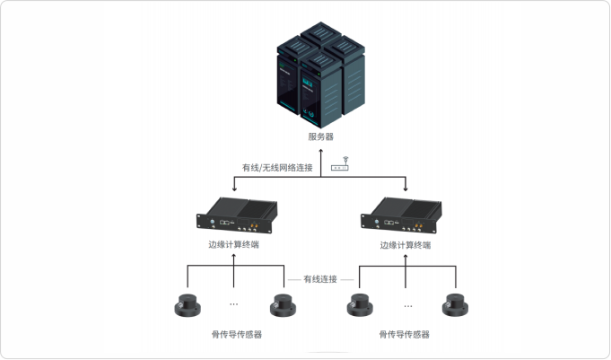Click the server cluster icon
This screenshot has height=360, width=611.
coord(320,75)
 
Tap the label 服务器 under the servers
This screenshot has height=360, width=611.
coord(320,136)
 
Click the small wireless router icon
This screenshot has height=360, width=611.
coord(340,164)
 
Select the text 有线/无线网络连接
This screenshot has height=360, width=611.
coord(277,168)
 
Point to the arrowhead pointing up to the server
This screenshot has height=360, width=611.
coord(320,151)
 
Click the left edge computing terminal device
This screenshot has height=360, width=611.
coord(237,215)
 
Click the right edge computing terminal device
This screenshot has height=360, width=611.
coord(401,215)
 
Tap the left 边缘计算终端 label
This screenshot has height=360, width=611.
coord(233,244)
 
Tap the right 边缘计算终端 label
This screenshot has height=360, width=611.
coord(406,245)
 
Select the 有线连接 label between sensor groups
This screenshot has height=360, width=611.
coord(320,279)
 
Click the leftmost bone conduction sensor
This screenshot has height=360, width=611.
coord(188,305)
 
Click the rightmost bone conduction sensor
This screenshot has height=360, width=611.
coord(455,305)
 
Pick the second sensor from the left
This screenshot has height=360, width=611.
coord(283,305)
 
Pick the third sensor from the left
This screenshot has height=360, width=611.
coord(360,305)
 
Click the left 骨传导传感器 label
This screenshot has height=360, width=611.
coord(237,334)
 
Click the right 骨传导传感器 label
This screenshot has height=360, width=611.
coord(404,334)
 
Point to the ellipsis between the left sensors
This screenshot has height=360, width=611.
coord(234,303)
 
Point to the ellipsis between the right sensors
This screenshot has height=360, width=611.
coord(408,306)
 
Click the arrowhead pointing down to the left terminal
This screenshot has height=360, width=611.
coord(234,189)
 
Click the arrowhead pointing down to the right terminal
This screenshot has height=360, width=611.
coord(406,189)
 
